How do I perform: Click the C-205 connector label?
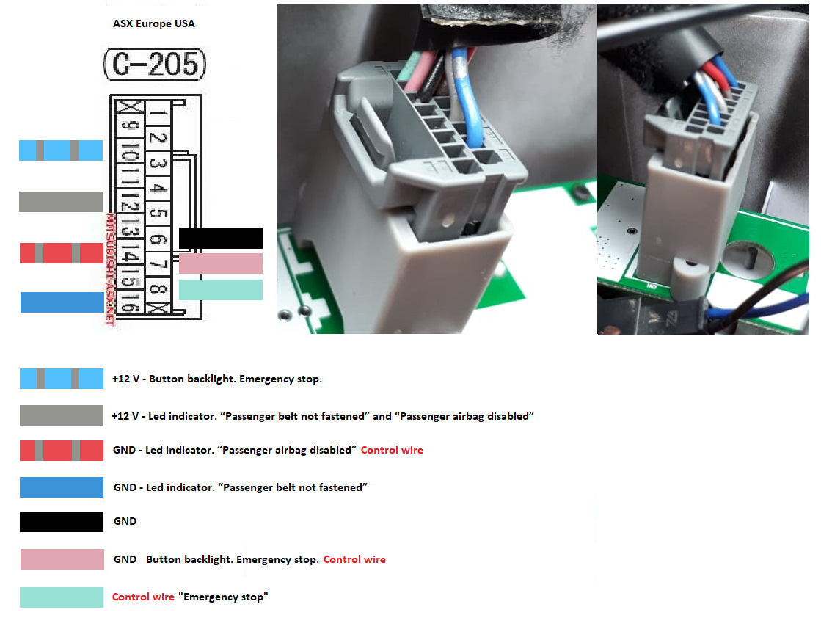pos(155,64)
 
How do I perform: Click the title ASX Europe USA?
pos(154,23)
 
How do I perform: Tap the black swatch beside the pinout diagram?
pos(220,239)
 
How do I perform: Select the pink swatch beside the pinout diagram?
pos(220,263)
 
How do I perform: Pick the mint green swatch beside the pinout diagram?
pos(220,290)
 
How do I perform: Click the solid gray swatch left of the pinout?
pos(61,202)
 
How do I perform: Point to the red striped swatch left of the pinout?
pos(61,253)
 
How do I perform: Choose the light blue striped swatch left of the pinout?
pos(61,150)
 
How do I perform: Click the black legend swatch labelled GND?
pos(62,522)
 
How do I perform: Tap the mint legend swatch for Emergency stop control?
pos(62,597)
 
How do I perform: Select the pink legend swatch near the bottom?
pos(62,559)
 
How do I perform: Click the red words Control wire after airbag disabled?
pos(392,450)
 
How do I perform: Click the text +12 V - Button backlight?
pos(171,379)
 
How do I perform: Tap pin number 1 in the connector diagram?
pos(158,112)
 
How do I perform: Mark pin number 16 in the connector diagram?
pos(131,302)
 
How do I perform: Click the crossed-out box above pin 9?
pos(130,107)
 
